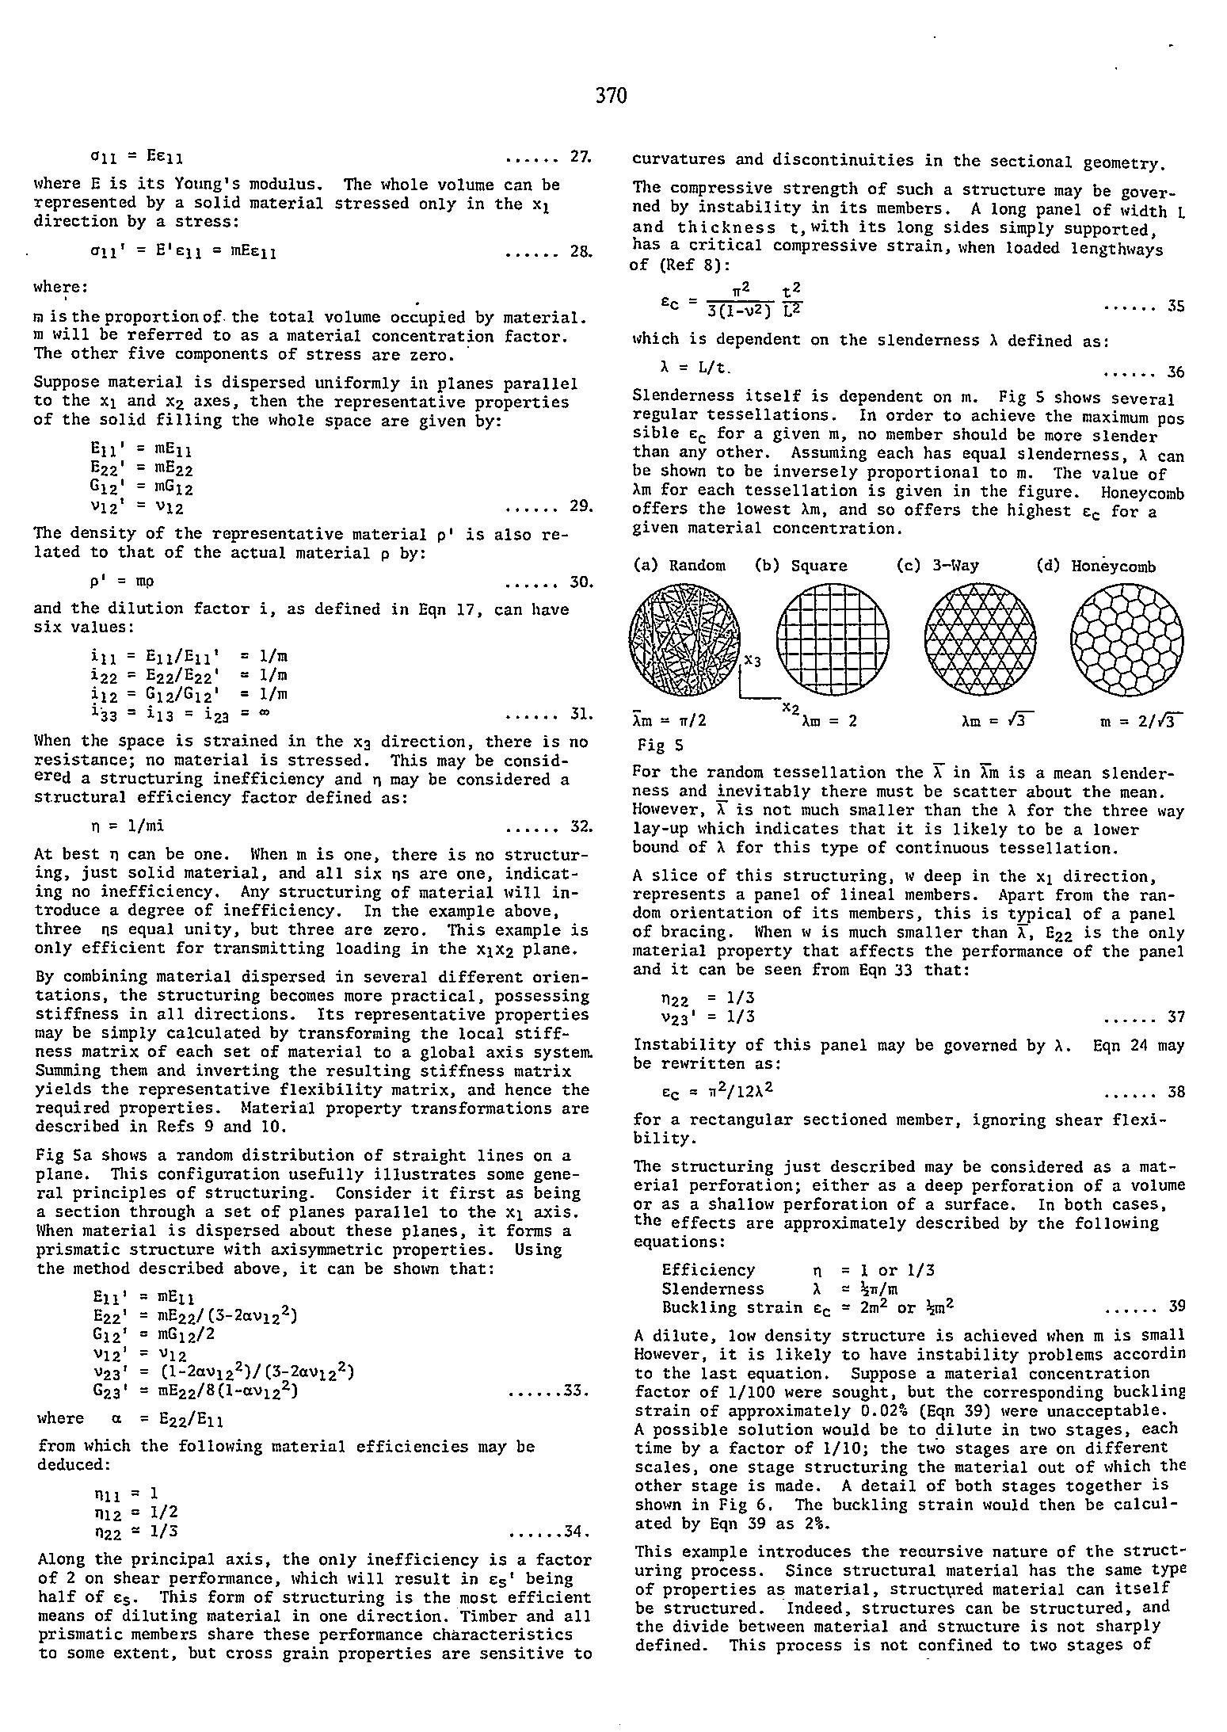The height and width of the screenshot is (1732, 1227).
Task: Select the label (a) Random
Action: [x=679, y=566]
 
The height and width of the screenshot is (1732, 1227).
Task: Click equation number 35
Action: [x=1176, y=307]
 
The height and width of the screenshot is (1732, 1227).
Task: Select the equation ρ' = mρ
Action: [x=123, y=582]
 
